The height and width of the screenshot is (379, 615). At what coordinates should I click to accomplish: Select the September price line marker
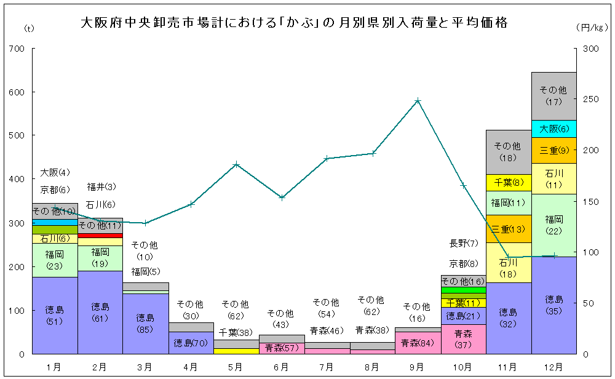click(418, 100)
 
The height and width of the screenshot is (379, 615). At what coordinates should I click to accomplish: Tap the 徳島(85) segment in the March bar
click(145, 324)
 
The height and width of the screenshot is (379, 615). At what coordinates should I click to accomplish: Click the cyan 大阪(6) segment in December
click(553, 129)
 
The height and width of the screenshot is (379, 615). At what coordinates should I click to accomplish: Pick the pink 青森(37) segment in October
click(463, 339)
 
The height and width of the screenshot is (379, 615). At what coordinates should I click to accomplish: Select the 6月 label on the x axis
click(281, 367)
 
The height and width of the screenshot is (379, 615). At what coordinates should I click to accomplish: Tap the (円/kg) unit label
click(592, 28)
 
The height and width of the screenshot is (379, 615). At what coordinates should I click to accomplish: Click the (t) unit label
click(28, 28)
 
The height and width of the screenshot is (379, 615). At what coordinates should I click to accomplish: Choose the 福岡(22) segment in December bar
click(553, 225)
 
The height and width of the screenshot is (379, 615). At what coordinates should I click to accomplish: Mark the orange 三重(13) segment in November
click(508, 228)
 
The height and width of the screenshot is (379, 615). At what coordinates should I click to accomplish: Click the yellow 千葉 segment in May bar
click(236, 351)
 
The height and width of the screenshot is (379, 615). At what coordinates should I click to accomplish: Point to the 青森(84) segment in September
click(418, 343)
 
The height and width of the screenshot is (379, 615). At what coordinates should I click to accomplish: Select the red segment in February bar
click(100, 235)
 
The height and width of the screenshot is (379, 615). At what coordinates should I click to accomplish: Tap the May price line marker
click(236, 164)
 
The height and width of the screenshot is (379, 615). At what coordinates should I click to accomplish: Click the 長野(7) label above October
click(463, 243)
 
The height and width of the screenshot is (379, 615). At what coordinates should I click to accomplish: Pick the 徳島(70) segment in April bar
click(191, 343)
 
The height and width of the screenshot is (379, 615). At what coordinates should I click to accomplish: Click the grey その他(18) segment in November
click(508, 151)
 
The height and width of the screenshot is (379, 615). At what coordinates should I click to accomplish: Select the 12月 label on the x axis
click(553, 367)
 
